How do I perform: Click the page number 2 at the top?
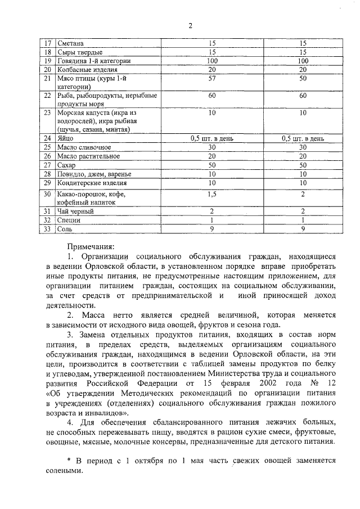190,26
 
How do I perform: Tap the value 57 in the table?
212,78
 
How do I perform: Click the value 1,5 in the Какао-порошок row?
212,195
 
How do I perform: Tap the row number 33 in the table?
48,229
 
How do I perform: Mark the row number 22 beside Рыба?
48,96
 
